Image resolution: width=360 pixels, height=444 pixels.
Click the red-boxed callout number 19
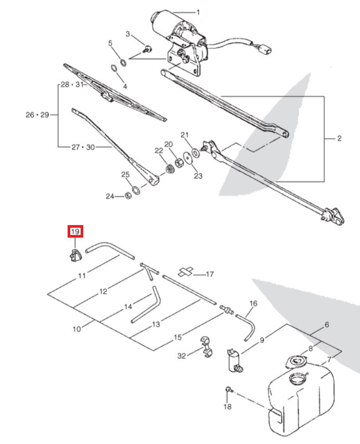tap(75, 231)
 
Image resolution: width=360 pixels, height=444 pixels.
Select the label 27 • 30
tap(83, 147)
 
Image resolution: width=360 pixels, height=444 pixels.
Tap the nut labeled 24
tap(127, 196)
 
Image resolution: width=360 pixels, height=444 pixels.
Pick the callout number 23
tap(198, 176)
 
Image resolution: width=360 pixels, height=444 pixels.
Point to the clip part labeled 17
tap(186, 272)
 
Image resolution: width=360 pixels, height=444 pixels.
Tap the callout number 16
tap(253, 303)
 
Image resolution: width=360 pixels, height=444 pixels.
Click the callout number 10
tap(77, 329)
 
